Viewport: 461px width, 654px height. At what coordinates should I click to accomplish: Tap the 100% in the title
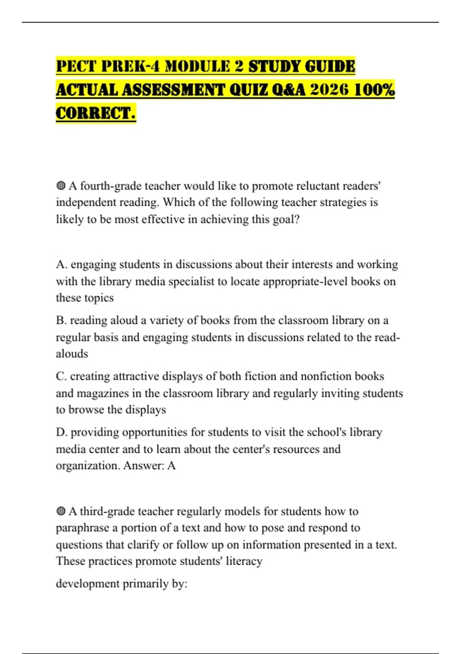pos(374,90)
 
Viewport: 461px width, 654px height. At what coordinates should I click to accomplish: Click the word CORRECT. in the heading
pos(96,113)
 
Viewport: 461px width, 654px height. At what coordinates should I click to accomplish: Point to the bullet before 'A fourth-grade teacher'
pos(61,186)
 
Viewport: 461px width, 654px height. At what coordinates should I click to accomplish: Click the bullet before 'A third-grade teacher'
pos(61,512)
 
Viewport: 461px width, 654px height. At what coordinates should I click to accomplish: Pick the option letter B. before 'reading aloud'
pos(61,320)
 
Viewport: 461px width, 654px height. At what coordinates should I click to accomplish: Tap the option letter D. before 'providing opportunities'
pos(61,432)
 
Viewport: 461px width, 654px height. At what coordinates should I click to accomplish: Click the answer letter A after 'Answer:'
pos(171,466)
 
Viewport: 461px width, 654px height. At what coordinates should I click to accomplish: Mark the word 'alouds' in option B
pos(72,354)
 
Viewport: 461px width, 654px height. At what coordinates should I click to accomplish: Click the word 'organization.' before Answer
pos(88,466)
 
